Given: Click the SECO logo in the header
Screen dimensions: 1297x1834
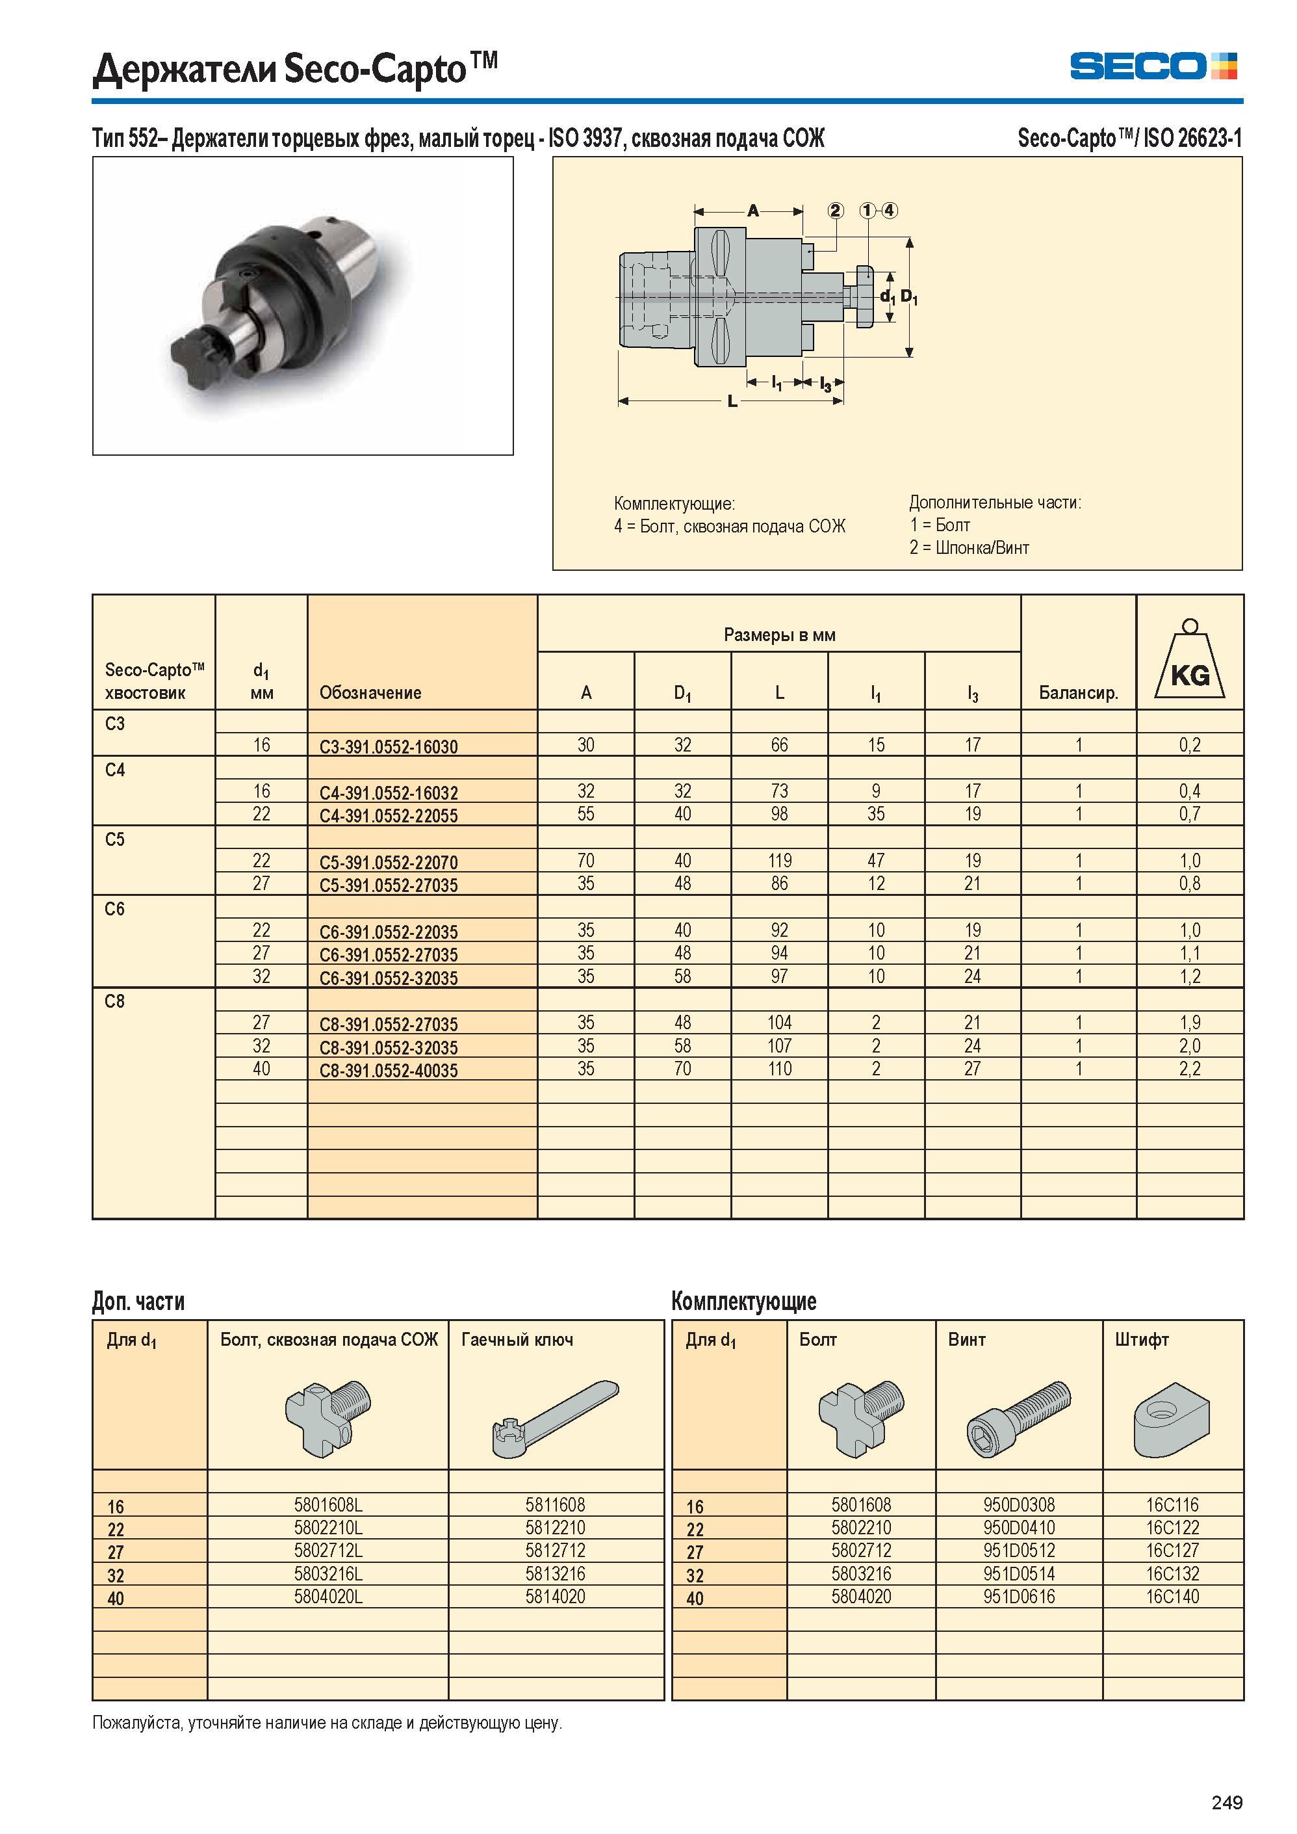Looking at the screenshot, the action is click(x=1153, y=66).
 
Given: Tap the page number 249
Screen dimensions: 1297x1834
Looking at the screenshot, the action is click(x=1227, y=1802).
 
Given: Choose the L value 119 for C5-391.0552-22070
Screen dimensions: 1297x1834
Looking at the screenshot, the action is click(x=780, y=861).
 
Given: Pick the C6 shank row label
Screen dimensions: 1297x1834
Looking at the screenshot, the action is click(x=115, y=909).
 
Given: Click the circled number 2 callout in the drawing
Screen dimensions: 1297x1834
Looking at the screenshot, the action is click(x=836, y=211).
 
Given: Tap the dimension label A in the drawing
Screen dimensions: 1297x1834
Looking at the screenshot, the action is click(x=752, y=211).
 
